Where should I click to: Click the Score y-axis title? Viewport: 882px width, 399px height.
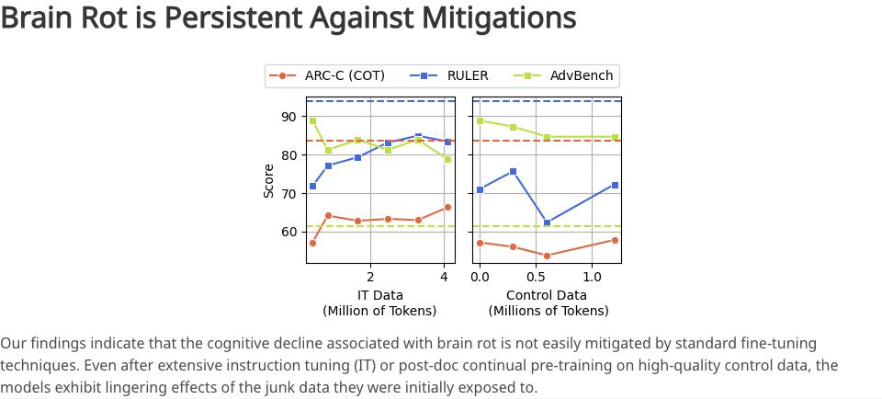tap(269, 180)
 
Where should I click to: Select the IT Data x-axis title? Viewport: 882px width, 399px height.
tap(379, 295)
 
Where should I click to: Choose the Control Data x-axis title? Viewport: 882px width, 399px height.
tap(547, 295)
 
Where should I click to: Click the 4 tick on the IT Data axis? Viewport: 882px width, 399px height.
tap(444, 276)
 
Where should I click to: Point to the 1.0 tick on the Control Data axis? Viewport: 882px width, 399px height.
tap(593, 276)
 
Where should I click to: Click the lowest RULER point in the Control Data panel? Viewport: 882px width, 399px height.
tap(548, 222)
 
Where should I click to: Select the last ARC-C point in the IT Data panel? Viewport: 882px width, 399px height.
tap(447, 208)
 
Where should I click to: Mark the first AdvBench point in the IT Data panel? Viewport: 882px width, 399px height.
tap(312, 120)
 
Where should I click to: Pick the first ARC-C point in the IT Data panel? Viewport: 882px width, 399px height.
tap(312, 243)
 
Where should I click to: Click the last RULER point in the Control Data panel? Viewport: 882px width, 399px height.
tap(615, 185)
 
